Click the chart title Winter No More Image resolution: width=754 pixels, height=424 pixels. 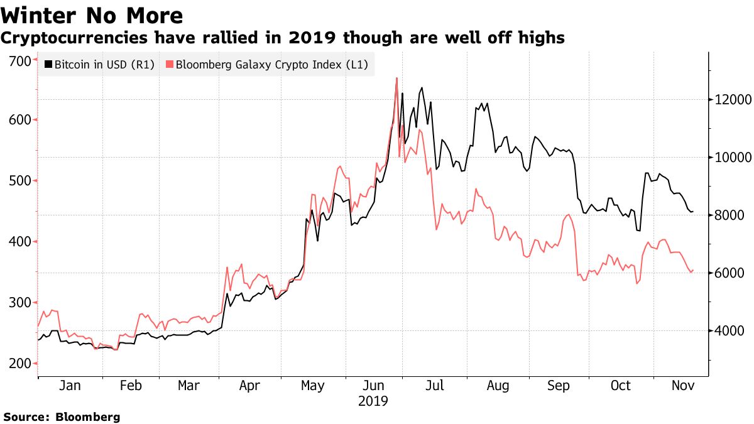point(93,15)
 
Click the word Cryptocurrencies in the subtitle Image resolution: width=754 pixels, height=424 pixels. point(74,38)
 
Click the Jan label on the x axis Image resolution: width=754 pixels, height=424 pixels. point(69,386)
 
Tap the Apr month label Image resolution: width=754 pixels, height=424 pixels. point(249,386)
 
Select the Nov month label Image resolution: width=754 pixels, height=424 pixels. point(682,386)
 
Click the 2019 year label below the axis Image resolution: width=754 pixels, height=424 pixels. point(373,401)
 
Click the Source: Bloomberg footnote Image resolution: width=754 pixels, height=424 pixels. point(62,416)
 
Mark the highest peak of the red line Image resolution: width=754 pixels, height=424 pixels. point(396,78)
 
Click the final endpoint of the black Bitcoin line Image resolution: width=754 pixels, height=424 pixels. point(693,212)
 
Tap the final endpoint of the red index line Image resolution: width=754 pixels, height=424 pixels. point(693,271)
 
